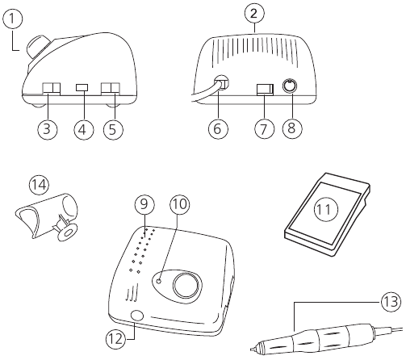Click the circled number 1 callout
[12, 18]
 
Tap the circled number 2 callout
[253, 14]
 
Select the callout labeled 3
[47, 129]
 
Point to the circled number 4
[83, 129]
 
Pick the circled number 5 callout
[113, 129]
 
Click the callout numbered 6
[218, 128]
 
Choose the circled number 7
[264, 128]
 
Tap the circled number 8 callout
[292, 128]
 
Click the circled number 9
[144, 204]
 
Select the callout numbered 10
[179, 204]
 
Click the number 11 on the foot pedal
[324, 209]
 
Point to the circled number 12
[116, 340]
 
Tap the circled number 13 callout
[391, 302]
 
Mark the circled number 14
[40, 185]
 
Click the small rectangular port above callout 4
[82, 87]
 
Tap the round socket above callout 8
[290, 86]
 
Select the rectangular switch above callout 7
[265, 89]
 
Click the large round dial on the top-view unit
[187, 285]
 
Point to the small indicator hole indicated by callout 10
[159, 281]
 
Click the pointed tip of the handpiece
[251, 350]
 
